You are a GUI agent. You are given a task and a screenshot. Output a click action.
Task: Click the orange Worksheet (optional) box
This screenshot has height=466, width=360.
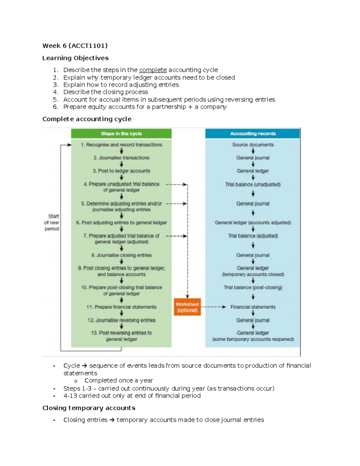click(x=187, y=307)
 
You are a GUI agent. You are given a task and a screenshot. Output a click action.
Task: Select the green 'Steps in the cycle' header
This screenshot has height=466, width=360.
click(x=121, y=134)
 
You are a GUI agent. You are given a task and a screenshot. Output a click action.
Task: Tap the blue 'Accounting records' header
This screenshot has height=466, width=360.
click(x=253, y=134)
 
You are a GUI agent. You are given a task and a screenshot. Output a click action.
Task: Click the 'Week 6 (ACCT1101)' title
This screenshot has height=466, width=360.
click(x=75, y=46)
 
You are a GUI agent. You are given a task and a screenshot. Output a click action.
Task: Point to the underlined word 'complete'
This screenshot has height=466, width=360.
click(x=153, y=70)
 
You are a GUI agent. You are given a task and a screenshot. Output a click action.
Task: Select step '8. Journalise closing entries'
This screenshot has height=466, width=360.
click(x=121, y=255)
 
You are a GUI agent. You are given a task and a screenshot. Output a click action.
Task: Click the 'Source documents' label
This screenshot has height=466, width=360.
click(x=253, y=145)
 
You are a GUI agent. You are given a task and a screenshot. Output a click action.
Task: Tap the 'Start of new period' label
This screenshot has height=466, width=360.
click(x=52, y=222)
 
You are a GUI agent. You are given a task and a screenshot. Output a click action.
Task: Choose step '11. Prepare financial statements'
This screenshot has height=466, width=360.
click(x=121, y=307)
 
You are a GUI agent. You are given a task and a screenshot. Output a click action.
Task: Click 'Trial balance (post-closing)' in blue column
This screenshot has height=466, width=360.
click(x=253, y=287)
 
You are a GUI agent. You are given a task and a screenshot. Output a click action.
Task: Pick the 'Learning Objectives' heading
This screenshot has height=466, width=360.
click(x=75, y=58)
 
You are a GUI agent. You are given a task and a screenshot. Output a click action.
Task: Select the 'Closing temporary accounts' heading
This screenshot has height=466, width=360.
click(x=89, y=408)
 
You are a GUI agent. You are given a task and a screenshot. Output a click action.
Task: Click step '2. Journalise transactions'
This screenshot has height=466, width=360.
click(x=121, y=158)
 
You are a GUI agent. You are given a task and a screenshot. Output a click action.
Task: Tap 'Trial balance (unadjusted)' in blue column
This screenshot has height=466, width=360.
click(x=253, y=185)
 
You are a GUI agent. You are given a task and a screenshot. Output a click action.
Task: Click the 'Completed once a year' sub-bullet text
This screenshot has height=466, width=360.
click(x=118, y=380)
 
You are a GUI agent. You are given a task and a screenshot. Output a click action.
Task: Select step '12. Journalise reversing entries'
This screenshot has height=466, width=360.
click(x=121, y=320)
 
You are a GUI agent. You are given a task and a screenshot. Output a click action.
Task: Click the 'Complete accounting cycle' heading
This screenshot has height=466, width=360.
click(x=87, y=119)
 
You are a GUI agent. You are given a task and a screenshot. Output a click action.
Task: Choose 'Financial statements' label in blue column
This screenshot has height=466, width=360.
click(x=253, y=307)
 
